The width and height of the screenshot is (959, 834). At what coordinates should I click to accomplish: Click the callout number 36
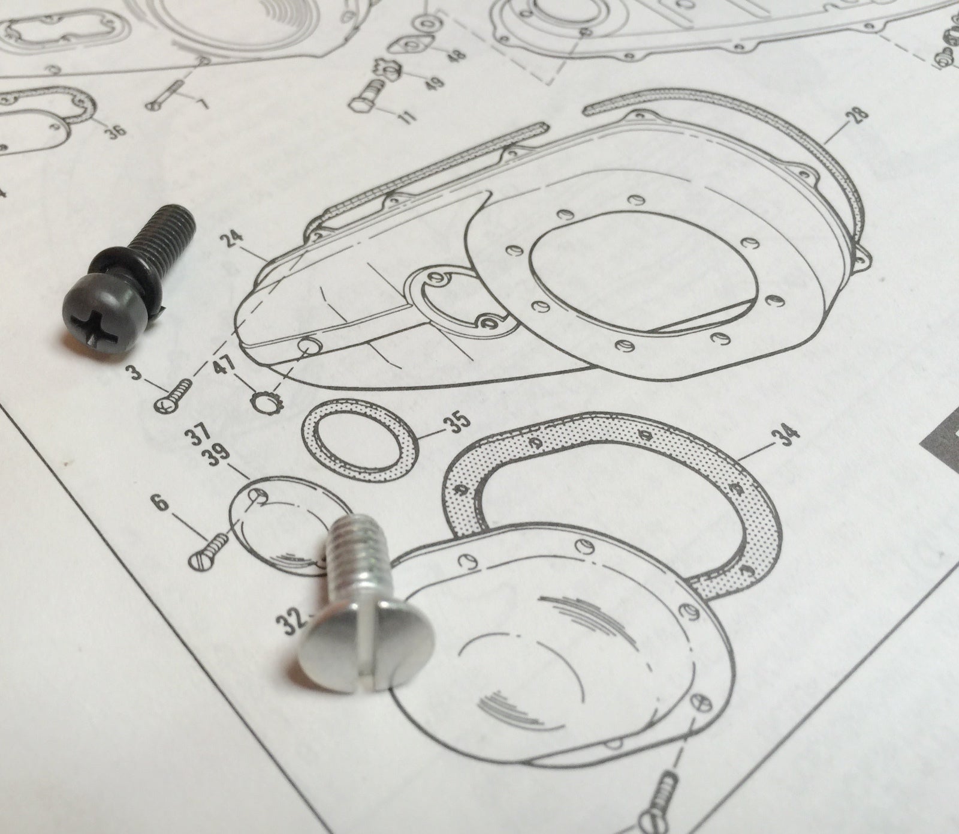(x=116, y=128)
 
